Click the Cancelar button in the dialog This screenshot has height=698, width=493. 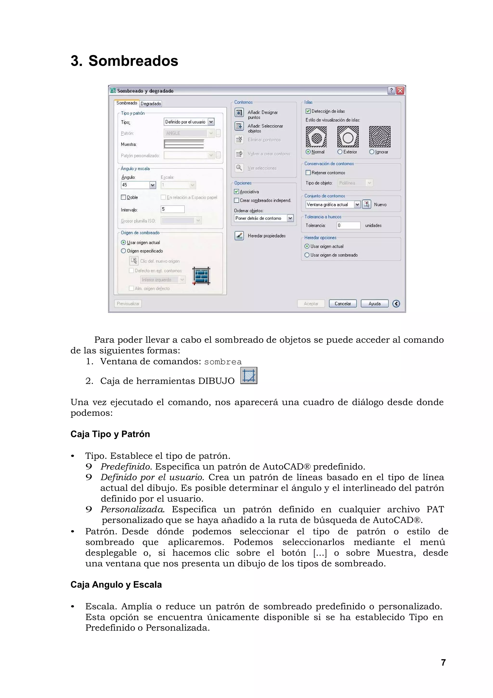[x=342, y=303]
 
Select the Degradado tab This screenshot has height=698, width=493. [x=151, y=104]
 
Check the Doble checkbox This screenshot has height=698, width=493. [x=123, y=197]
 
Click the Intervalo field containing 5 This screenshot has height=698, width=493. [x=172, y=209]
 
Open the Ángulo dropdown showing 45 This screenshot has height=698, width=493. [x=152, y=185]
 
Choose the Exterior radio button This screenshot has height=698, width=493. [x=340, y=152]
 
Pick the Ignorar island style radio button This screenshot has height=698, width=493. [x=371, y=152]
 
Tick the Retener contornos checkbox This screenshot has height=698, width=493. [x=308, y=173]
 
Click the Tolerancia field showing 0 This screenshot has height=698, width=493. [x=348, y=225]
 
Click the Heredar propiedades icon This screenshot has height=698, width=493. [x=239, y=236]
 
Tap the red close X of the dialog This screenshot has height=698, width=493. [x=400, y=91]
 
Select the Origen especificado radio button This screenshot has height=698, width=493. [x=123, y=251]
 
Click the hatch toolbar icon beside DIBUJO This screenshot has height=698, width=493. [x=249, y=376]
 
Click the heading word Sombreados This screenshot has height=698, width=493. [x=133, y=61]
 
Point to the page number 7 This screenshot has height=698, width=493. [x=443, y=662]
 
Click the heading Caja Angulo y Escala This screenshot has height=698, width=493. [x=116, y=584]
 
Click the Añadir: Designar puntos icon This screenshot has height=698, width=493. [x=239, y=113]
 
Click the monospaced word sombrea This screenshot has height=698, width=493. [x=223, y=362]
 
